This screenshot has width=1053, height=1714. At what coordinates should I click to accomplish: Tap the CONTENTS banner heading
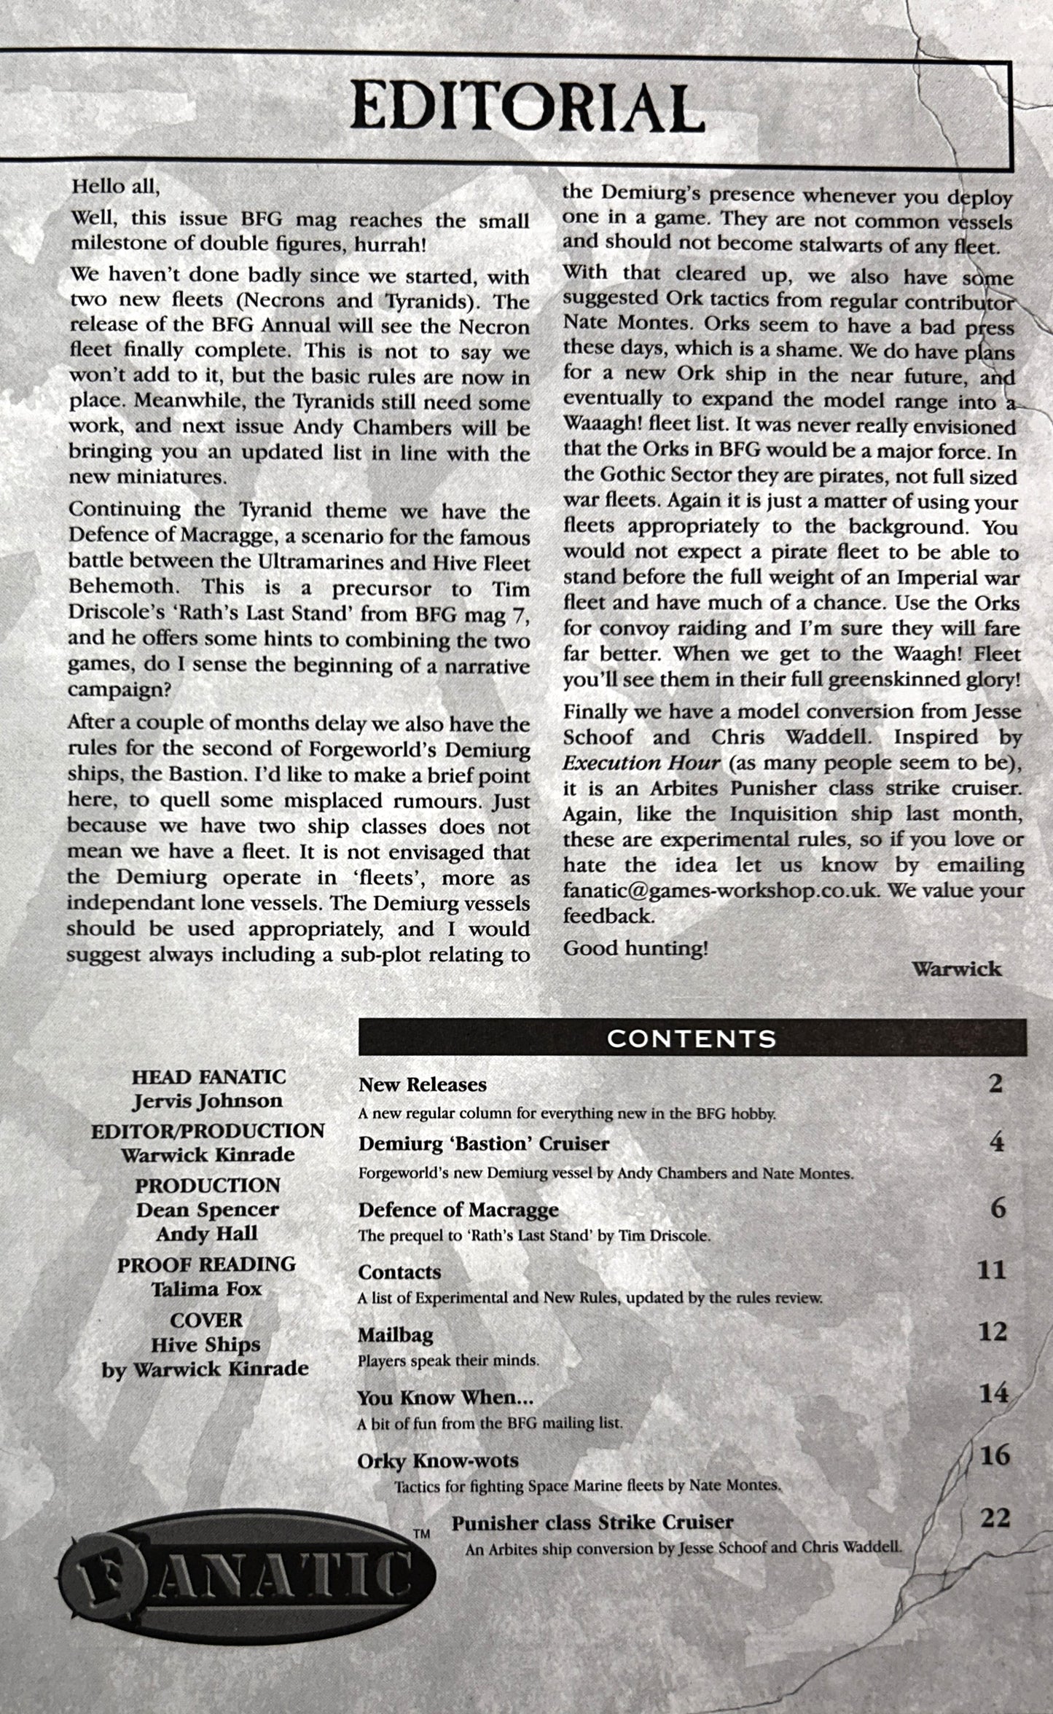pos(692,1038)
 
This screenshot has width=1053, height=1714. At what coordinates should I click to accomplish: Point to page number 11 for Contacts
pos(991,1269)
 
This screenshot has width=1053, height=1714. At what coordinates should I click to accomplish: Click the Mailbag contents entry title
pos(396,1334)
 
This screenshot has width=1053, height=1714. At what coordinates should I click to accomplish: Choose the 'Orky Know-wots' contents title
pos(438,1460)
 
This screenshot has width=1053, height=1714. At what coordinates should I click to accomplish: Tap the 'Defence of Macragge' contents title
pos(458,1209)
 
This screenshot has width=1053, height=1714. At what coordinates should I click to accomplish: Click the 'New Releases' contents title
pos(423,1084)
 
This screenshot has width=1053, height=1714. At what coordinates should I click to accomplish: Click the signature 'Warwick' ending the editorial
pos(956,968)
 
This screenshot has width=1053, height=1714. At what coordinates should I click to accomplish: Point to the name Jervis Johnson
pos(207,1100)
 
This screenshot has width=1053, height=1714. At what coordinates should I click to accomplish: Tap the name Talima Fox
pos(206,1288)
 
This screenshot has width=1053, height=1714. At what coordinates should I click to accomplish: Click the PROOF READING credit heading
pos(207,1264)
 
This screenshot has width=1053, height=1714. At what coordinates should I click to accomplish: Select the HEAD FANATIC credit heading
pos(208,1076)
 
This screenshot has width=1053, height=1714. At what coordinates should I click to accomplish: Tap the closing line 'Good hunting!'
pos(635,948)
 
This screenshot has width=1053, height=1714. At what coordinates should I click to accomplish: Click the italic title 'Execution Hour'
pos(641,763)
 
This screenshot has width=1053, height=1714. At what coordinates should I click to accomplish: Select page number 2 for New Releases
pos(996,1083)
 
